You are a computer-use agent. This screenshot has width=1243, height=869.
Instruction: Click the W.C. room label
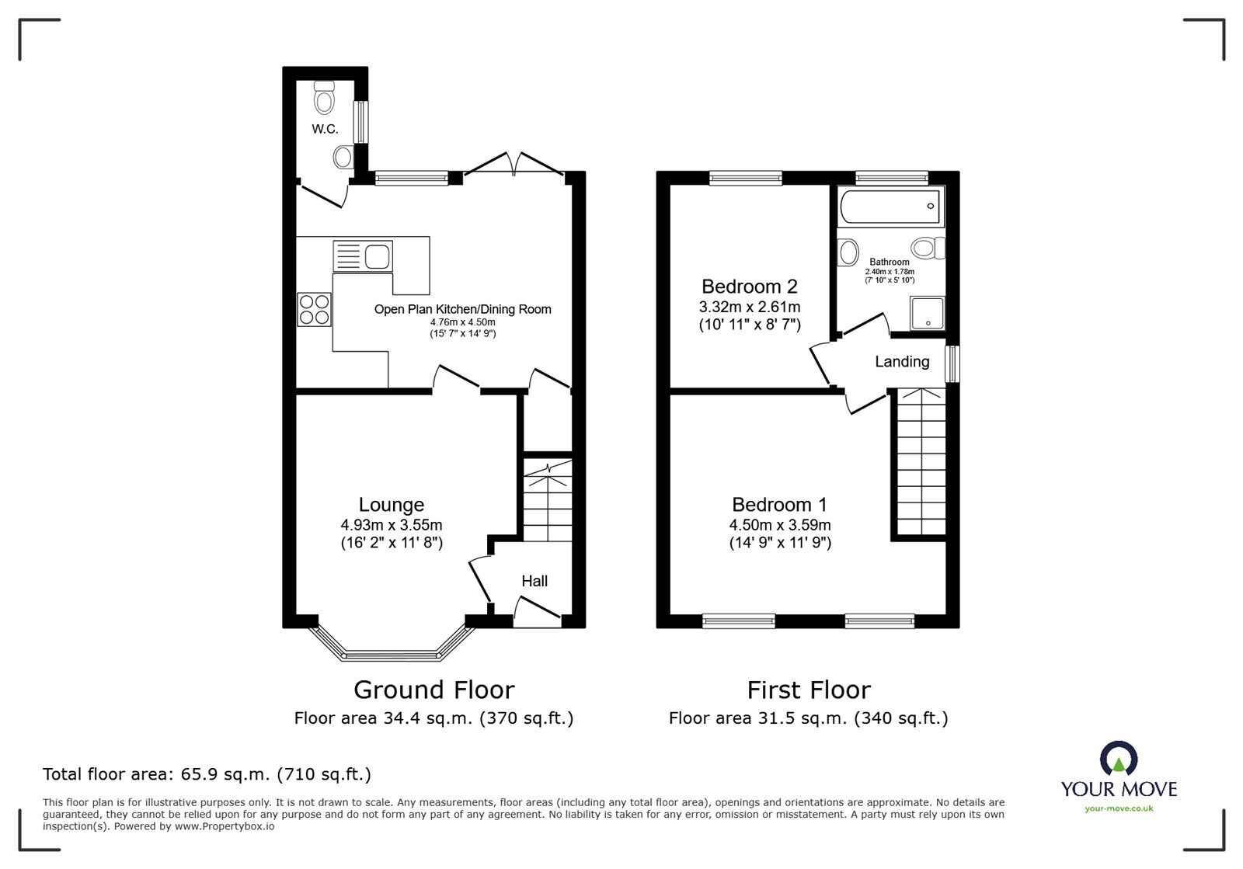point(325,129)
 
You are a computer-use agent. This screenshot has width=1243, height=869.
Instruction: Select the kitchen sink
point(364,255)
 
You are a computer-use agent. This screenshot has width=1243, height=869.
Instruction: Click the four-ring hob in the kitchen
point(314,308)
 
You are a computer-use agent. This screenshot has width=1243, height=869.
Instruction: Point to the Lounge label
point(391,506)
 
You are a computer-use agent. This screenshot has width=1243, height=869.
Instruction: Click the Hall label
point(534,581)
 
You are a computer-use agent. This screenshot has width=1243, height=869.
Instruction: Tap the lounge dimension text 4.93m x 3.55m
point(391,525)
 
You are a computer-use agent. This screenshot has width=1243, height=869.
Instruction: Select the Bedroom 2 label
point(749,286)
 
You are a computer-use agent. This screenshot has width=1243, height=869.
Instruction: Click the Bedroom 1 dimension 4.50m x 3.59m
point(779,525)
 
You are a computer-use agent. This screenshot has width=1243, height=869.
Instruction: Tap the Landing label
point(901,361)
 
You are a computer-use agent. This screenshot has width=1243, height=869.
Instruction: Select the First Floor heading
point(808,690)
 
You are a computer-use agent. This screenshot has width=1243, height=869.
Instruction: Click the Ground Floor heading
point(433,690)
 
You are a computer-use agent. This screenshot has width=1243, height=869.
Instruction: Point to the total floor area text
point(207,774)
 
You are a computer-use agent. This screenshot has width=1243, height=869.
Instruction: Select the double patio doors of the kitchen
point(513,165)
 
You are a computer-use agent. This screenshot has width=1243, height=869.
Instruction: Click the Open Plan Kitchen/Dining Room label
point(462,309)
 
